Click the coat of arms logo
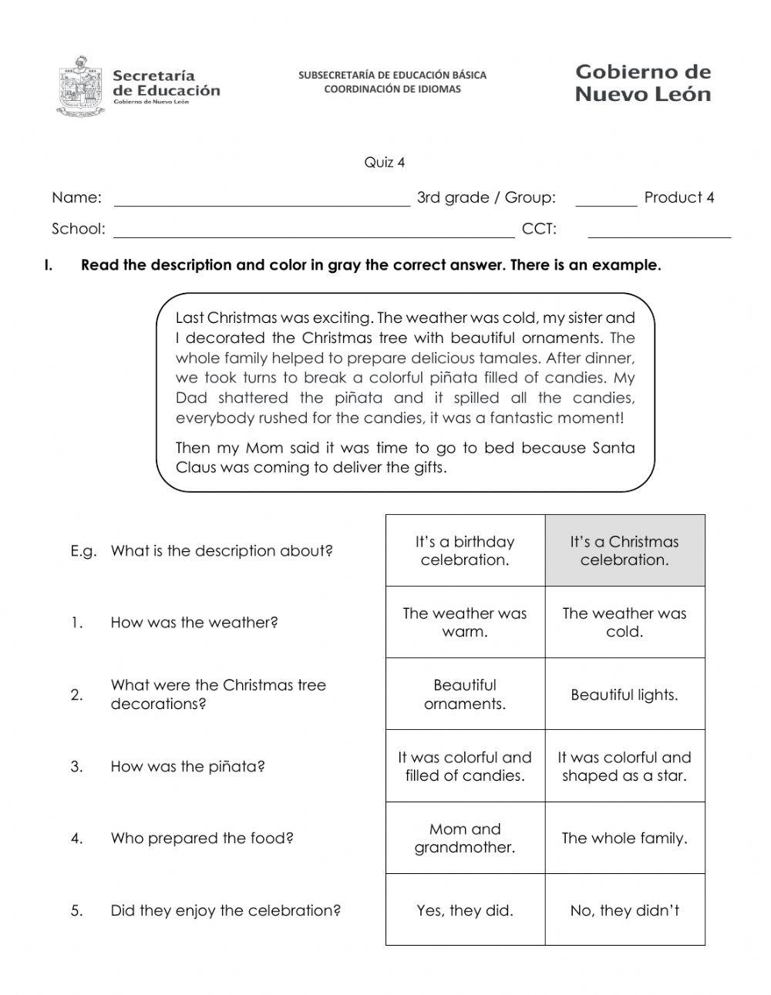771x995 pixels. click(80, 86)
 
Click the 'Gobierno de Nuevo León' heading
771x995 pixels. click(643, 83)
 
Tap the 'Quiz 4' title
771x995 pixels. click(384, 163)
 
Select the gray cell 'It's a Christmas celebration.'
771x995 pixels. click(625, 550)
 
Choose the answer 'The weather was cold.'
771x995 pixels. click(625, 622)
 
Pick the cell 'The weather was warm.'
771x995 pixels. click(465, 622)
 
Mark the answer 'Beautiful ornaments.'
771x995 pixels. click(465, 694)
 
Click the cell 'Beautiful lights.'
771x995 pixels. click(625, 694)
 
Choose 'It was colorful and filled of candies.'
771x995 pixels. click(465, 766)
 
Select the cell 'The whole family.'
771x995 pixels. click(625, 838)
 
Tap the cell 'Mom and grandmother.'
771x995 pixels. click(465, 838)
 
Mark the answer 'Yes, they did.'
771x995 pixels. click(465, 910)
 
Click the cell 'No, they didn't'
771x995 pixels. click(625, 910)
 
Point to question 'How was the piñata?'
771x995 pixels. click(187, 766)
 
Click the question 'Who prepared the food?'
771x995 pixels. click(202, 838)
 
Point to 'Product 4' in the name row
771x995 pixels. click(679, 197)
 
